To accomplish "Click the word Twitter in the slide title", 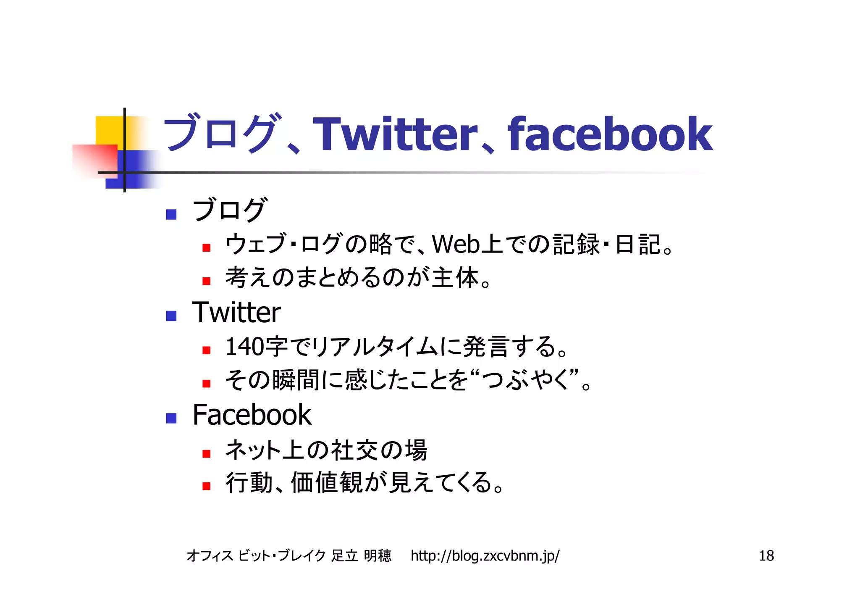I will (395, 134).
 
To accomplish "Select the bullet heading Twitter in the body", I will (236, 313).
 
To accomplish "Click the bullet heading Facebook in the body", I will (252, 415).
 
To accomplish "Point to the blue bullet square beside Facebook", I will (171, 418).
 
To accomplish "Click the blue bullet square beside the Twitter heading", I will (171, 316).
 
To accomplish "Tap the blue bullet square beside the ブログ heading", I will (171, 214).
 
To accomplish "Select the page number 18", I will (766, 556).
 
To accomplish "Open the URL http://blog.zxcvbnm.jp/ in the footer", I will (485, 556).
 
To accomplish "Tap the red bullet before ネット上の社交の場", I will (206, 454).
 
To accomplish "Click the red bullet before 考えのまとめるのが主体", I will (206, 281).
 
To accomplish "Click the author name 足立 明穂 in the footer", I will (361, 556).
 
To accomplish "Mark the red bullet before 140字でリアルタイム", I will (206, 350).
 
